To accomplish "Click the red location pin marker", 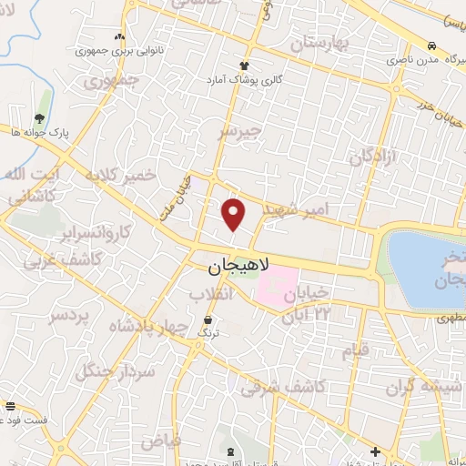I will (x=234, y=215).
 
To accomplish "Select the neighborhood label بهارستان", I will (x=316, y=43).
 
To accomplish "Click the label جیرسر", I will (x=239, y=133).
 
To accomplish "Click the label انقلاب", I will (x=212, y=295).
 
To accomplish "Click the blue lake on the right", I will (x=428, y=268).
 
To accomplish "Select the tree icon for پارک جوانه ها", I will (x=39, y=117).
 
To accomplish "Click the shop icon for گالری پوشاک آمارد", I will (x=243, y=65).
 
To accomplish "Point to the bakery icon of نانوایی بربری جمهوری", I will (x=118, y=35).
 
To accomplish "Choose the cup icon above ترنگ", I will (x=210, y=320).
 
